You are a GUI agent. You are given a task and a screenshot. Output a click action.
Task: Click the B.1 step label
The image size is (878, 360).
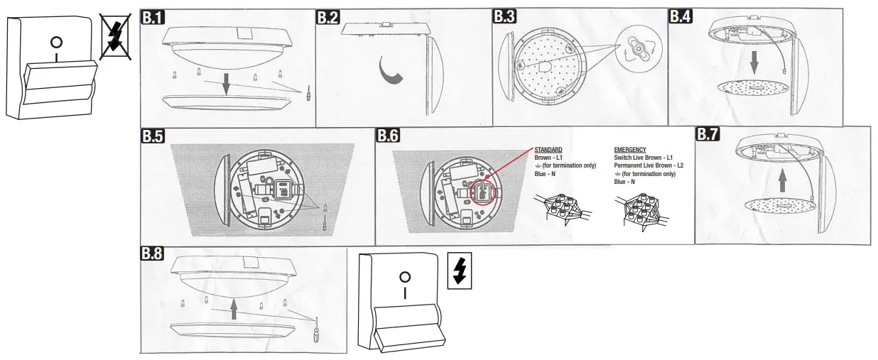click(155, 18)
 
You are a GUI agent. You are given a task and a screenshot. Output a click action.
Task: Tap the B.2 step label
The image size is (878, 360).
click(328, 18)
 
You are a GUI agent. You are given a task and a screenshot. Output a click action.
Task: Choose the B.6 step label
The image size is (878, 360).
click(389, 135)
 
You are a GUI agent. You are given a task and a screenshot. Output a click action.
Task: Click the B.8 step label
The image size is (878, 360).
click(153, 254)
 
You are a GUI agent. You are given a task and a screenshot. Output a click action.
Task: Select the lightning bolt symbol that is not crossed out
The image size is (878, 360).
click(460, 271)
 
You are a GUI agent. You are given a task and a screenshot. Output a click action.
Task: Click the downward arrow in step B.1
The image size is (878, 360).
click(226, 84)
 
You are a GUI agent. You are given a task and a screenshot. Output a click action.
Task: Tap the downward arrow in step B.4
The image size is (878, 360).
click(754, 67)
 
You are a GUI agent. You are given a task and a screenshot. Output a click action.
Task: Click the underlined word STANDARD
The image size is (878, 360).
click(548, 150)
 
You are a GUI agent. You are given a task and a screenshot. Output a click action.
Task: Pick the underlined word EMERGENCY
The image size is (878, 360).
click(629, 150)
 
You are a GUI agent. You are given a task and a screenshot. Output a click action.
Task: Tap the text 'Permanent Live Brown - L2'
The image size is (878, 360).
click(649, 165)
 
